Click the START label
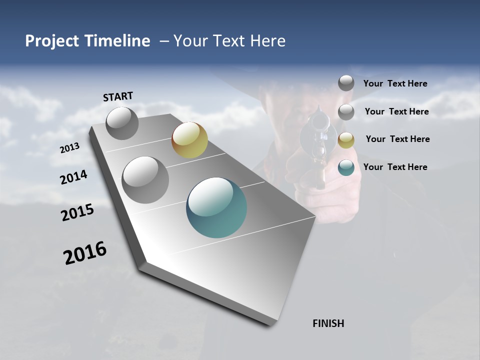tap(118, 96)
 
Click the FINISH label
tap(328, 323)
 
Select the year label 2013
tap(69, 148)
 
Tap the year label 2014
tap(73, 177)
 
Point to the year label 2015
tap(77, 212)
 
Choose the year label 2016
tap(85, 253)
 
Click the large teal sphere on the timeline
tap(216, 207)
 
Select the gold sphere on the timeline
tap(189, 140)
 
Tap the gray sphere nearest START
tap(122, 123)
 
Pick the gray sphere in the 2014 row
tap(145, 179)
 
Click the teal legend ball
tap(346, 167)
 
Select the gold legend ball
tap(346, 140)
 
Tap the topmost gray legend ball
tap(346, 83)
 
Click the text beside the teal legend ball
tap(395, 167)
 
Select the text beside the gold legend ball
tap(397, 139)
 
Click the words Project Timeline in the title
tap(87, 41)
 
